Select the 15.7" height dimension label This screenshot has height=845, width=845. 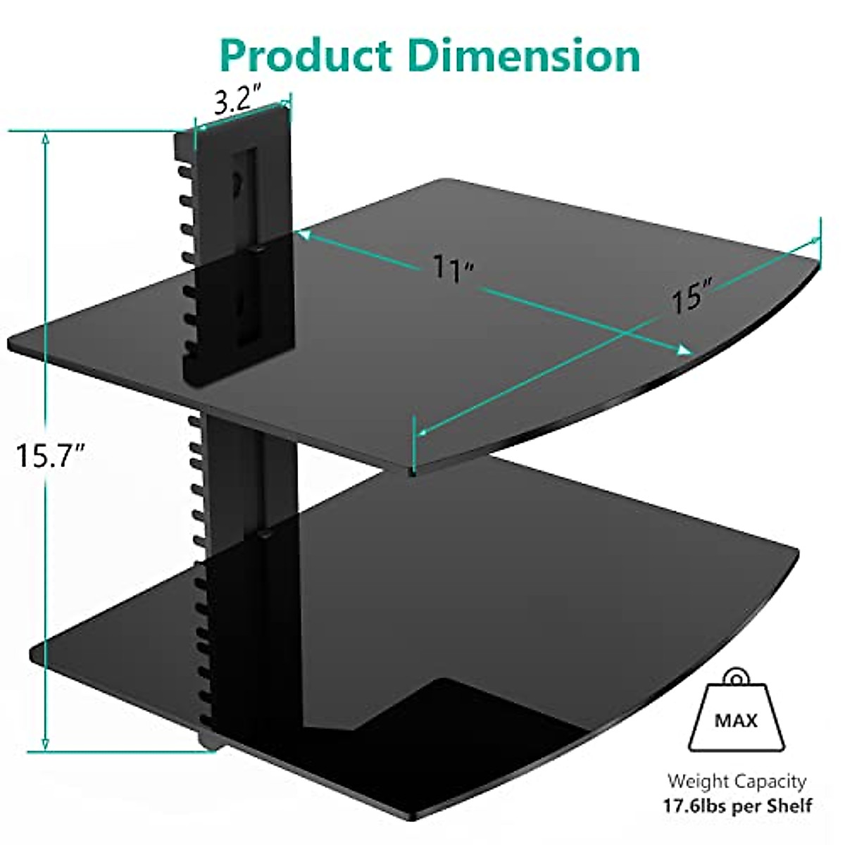pos(51,456)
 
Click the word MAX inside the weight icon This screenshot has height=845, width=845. pos(736,720)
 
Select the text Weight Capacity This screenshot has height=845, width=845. pos(737,781)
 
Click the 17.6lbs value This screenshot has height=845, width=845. pos(697,805)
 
